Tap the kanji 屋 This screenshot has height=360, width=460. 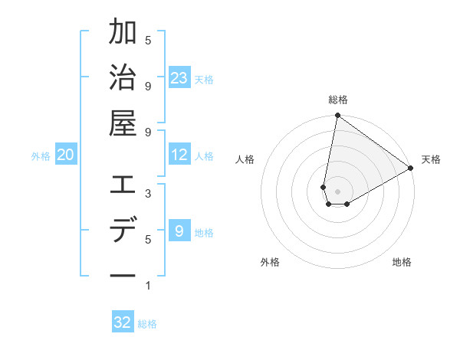pyautogui.click(x=123, y=122)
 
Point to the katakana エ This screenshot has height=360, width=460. pyautogui.click(x=123, y=186)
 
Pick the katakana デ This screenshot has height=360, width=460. pyautogui.click(x=123, y=231)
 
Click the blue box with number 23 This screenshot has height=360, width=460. pyautogui.click(x=179, y=77)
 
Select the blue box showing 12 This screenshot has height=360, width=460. pyautogui.click(x=179, y=155)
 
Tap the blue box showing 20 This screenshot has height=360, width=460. pyautogui.click(x=65, y=155)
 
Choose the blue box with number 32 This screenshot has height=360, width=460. pyautogui.click(x=123, y=322)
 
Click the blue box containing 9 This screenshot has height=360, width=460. pyautogui.click(x=179, y=231)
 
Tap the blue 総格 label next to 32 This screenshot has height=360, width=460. pyautogui.click(x=147, y=323)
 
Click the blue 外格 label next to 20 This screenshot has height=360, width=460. pyautogui.click(x=41, y=155)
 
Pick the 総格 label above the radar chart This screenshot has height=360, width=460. pyautogui.click(x=337, y=100)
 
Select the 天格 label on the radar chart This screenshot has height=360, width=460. pyautogui.click(x=431, y=159)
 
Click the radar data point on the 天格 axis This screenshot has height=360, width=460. pyautogui.click(x=411, y=169)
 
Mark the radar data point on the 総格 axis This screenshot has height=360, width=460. pyautogui.click(x=337, y=116)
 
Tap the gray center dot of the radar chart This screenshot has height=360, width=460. pyautogui.click(x=337, y=191)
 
